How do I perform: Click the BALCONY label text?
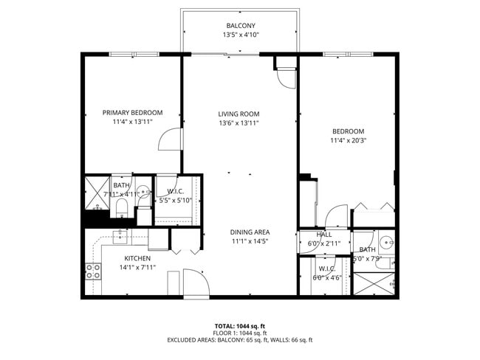tap(241, 25)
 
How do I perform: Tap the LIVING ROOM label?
tap(239, 114)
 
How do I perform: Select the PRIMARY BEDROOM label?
tap(132, 113)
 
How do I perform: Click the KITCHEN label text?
tap(137, 258)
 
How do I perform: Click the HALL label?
tap(323, 235)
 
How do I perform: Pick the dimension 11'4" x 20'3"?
tap(348, 140)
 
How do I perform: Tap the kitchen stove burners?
tap(92, 271)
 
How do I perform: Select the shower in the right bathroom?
tap(375, 284)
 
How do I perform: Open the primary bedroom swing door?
tap(169, 138)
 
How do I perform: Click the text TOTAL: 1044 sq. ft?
tap(239, 325)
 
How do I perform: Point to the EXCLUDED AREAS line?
tap(239, 340)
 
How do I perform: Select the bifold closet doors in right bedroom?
tap(373, 207)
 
